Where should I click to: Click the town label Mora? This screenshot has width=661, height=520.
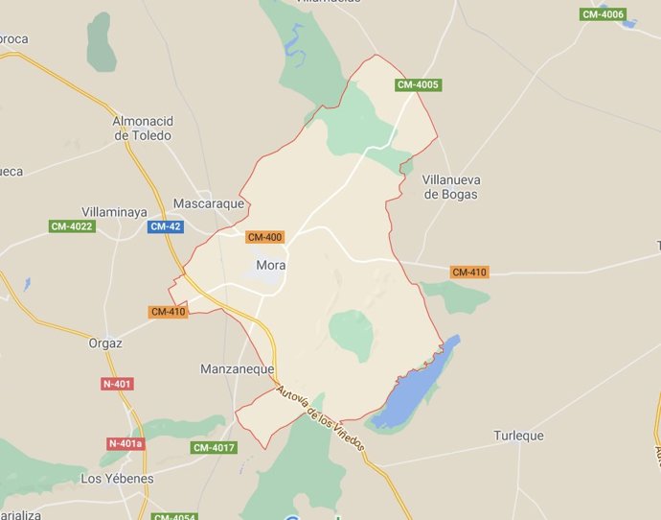pos(271,266)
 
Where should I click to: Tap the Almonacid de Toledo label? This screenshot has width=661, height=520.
pos(142,129)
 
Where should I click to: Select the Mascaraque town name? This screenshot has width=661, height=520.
pos(207,203)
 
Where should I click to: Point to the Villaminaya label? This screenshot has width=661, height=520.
pos(119,211)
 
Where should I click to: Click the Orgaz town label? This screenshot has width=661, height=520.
pos(105,343)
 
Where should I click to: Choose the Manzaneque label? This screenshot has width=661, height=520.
pos(238,368)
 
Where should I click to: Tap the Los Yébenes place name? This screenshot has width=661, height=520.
pos(117,478)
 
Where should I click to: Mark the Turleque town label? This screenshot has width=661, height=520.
pos(518,436)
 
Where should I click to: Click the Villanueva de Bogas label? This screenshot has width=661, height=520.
pos(450,187)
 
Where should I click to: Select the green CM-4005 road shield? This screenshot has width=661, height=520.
pos(418,85)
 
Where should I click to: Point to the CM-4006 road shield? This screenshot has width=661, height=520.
pos(604,14)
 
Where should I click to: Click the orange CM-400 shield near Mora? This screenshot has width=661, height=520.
pos(264,237)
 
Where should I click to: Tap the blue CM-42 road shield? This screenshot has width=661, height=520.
pos(165,226)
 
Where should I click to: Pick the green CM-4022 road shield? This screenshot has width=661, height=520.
pos(72,226)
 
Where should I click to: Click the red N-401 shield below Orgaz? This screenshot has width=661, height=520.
pos(117,384)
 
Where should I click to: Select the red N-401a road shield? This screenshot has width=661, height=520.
pos(125,443)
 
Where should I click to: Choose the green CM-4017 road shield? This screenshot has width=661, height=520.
pos(214,448)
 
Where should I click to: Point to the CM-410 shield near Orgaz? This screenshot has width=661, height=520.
pos(168,312)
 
